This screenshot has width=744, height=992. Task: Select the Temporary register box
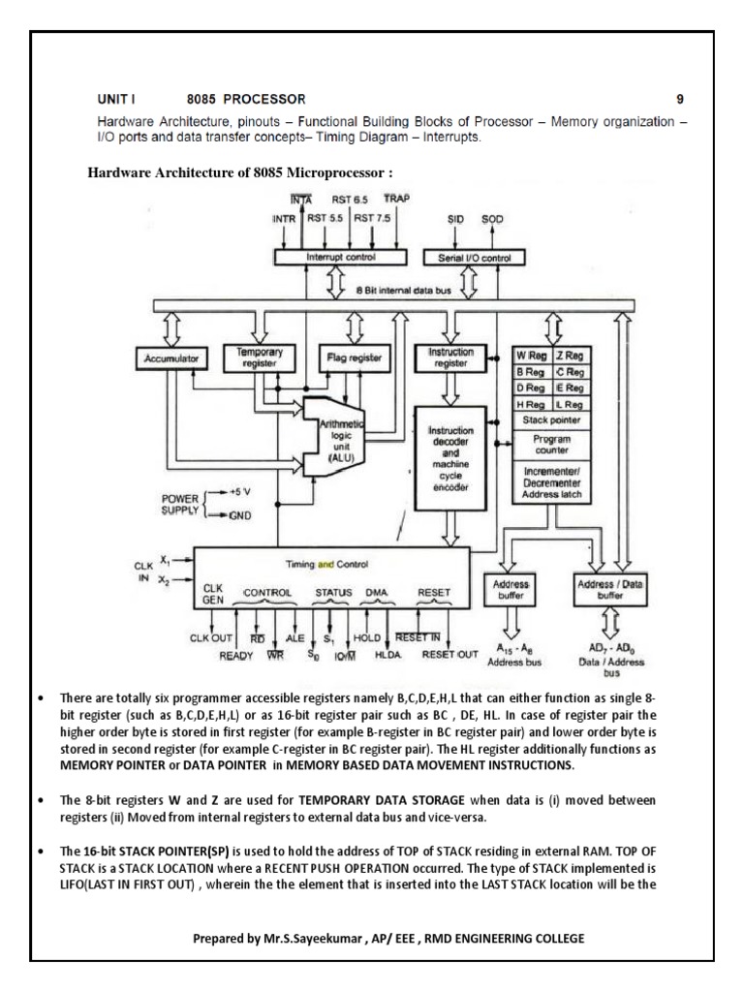coord(251,358)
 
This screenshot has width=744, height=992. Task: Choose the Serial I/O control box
coord(473,258)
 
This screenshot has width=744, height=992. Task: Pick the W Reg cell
coord(532,356)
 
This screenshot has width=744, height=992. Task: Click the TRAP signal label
coord(397,198)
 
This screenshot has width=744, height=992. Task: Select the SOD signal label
coord(493,219)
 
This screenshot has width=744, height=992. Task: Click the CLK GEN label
coord(213,595)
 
